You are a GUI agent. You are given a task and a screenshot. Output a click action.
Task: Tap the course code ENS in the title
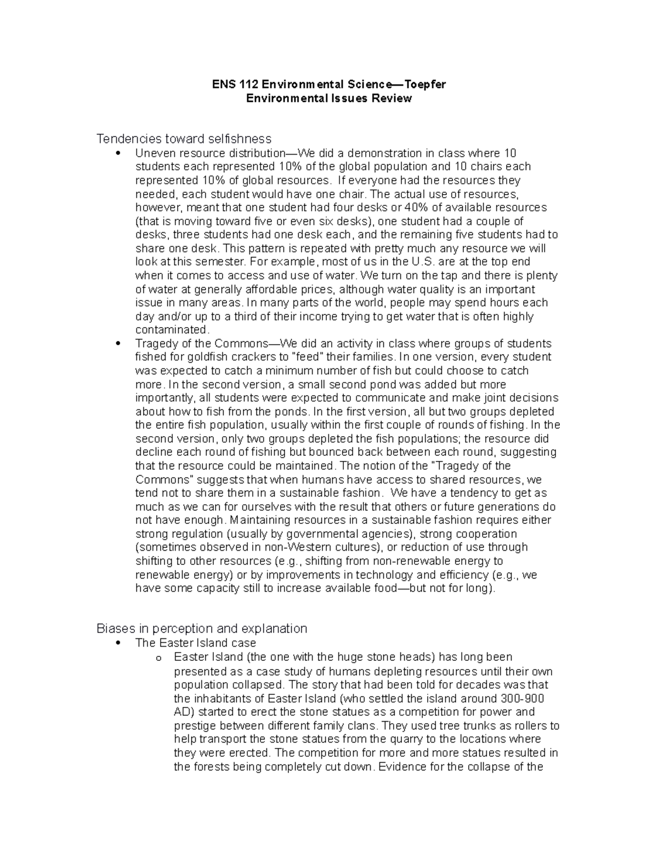click(224, 84)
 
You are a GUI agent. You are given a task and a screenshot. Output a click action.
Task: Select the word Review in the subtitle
click(392, 99)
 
